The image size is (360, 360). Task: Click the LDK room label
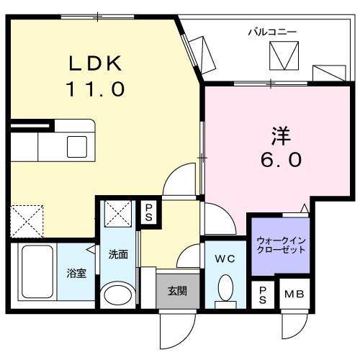click(x=96, y=64)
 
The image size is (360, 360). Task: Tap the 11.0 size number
click(x=96, y=90)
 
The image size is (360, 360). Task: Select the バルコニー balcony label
click(x=273, y=32)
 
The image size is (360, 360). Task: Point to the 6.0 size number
click(x=276, y=160)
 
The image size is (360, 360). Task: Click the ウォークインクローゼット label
click(x=280, y=244)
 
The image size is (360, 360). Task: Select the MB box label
click(x=292, y=294)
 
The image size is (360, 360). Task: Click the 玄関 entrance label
click(x=178, y=292)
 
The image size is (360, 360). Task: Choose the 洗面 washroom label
click(x=118, y=254)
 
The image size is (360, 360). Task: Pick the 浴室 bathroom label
click(x=78, y=274)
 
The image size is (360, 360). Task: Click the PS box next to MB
click(x=263, y=294)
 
